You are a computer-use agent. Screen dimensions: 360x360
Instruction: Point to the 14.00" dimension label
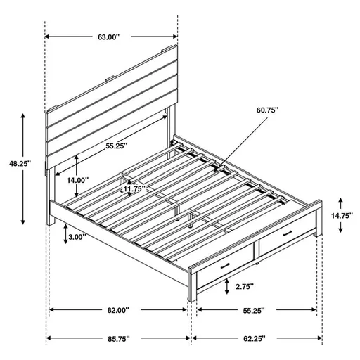tap(77, 180)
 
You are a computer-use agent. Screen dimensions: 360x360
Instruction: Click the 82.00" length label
tap(117, 310)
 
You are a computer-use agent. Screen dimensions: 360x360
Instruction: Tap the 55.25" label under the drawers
tap(252, 310)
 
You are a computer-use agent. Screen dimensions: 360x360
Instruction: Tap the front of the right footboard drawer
tap(285, 241)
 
